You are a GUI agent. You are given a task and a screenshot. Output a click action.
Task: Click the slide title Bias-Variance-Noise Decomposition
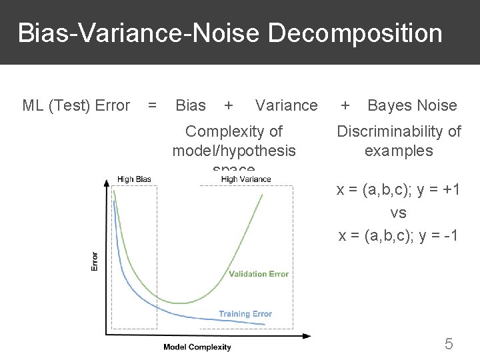point(230,33)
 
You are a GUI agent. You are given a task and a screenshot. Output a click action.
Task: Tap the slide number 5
point(449,344)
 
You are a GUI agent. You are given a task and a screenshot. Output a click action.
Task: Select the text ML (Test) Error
point(76,105)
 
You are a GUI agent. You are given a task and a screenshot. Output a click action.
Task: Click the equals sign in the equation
point(153,105)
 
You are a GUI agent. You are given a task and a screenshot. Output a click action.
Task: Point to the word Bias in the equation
point(190,105)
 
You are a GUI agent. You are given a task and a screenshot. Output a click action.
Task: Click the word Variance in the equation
point(287,105)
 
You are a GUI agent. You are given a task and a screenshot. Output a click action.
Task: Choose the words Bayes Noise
point(412,105)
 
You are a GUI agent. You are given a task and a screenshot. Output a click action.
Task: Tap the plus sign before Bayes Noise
point(345,105)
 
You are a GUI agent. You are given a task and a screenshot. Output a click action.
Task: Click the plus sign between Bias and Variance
point(229,105)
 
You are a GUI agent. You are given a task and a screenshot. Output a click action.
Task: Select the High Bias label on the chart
point(134,179)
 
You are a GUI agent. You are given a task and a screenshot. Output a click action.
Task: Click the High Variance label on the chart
point(246,179)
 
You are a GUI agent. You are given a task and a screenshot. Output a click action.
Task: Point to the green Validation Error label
point(259,274)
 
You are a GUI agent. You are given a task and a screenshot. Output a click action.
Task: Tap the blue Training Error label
point(245,314)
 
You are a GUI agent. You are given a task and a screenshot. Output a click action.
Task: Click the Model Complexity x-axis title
point(197,347)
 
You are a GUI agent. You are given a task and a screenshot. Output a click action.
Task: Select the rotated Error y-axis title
point(94,261)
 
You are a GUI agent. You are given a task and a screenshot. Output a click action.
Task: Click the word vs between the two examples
point(399,213)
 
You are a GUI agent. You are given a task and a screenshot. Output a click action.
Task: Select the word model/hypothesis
point(234,151)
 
